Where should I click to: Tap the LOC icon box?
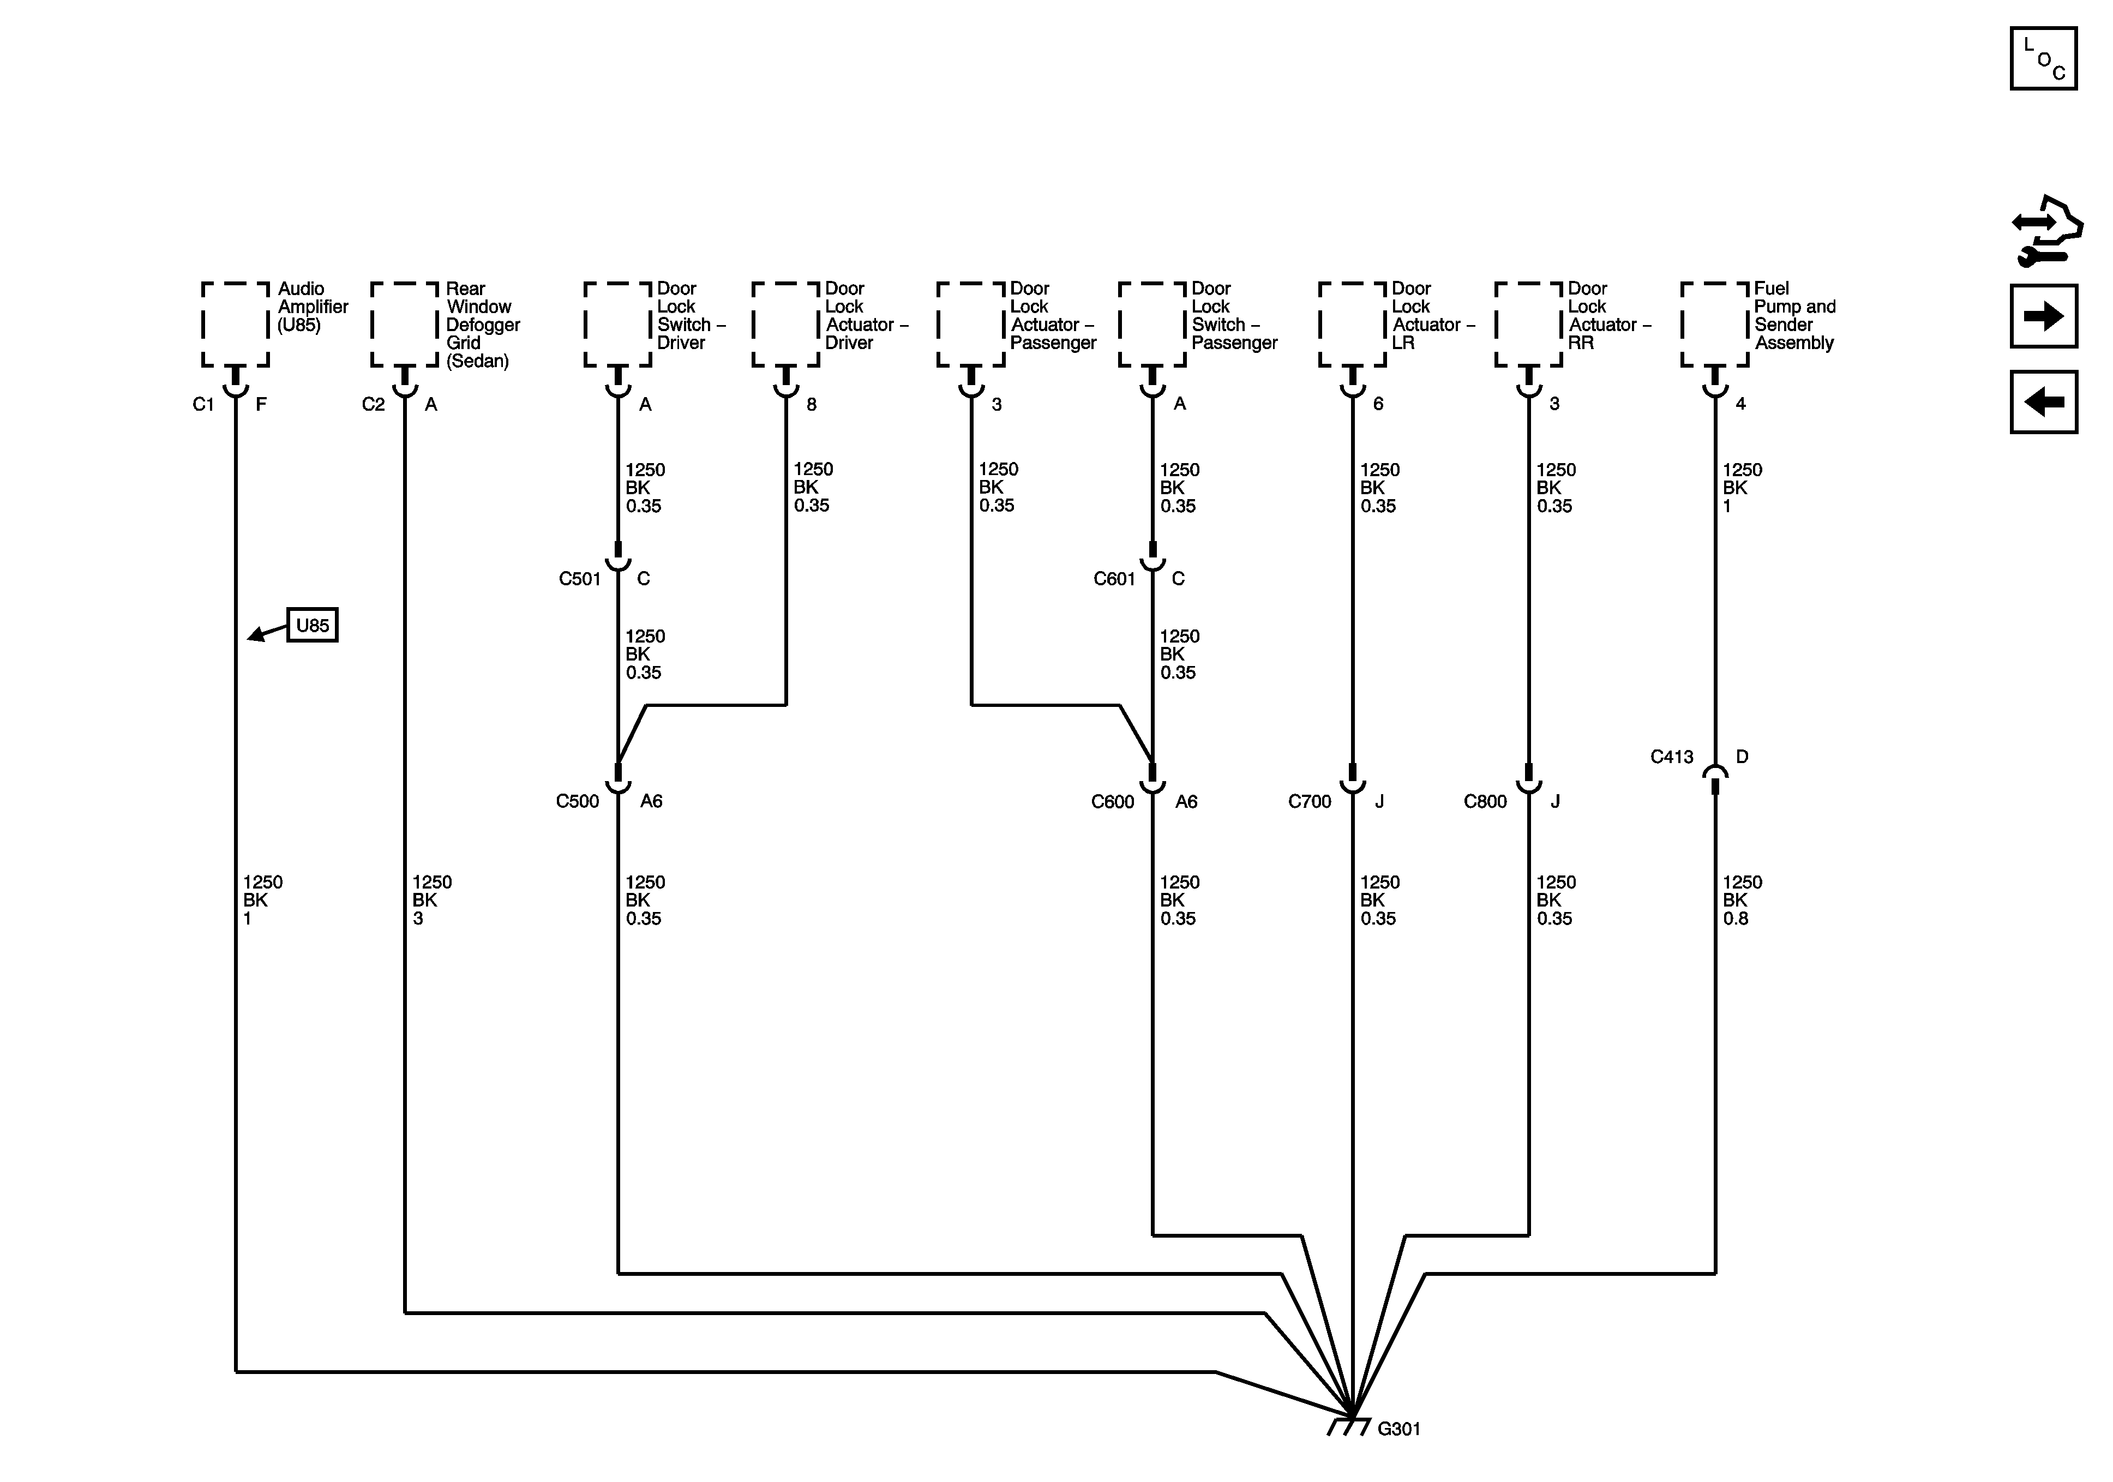click(2043, 59)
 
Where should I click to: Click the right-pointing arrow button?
click(2043, 316)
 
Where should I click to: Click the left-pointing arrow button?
click(2043, 401)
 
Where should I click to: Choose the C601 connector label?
click(1114, 579)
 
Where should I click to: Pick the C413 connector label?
click(1671, 757)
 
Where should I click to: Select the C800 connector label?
click(1485, 802)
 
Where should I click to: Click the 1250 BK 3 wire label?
click(431, 900)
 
